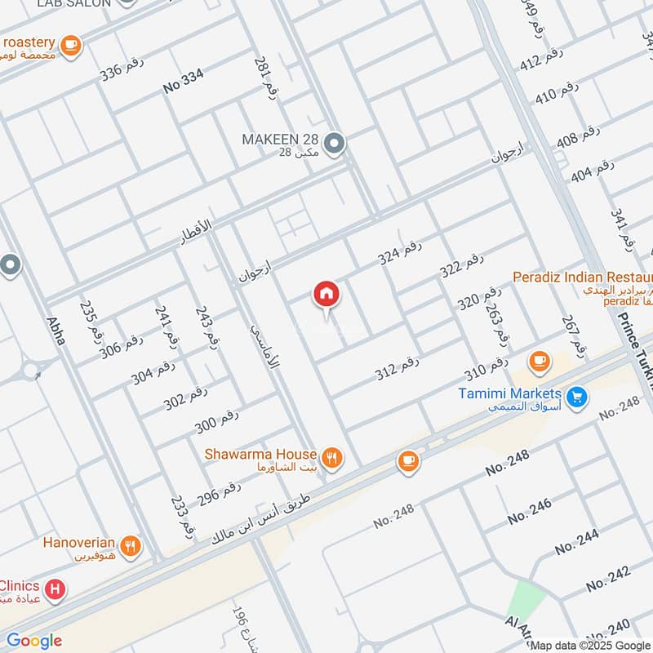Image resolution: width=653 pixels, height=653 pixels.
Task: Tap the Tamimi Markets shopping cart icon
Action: [577, 398]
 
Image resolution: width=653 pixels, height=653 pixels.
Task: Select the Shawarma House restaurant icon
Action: [331, 458]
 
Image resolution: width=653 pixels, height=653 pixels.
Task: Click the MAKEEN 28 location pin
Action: [333, 144]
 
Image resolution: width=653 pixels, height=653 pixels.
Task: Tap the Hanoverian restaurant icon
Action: [129, 544]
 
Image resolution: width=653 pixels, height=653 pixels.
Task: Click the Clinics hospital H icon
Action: [55, 589]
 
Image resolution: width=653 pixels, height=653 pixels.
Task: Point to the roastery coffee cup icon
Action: [71, 44]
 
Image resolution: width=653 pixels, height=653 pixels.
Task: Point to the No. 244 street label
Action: [576, 541]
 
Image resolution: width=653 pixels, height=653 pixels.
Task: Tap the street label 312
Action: [397, 369]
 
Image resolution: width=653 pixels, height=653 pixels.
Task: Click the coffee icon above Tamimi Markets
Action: [539, 360]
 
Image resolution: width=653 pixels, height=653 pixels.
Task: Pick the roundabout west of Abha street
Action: [31, 371]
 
